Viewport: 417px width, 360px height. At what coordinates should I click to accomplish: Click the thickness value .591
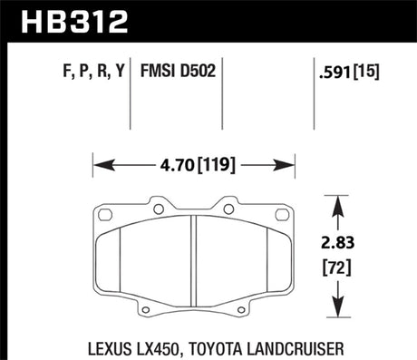pyautogui.click(x=333, y=70)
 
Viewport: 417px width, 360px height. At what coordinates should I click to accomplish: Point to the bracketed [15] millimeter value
pyautogui.click(x=368, y=70)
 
